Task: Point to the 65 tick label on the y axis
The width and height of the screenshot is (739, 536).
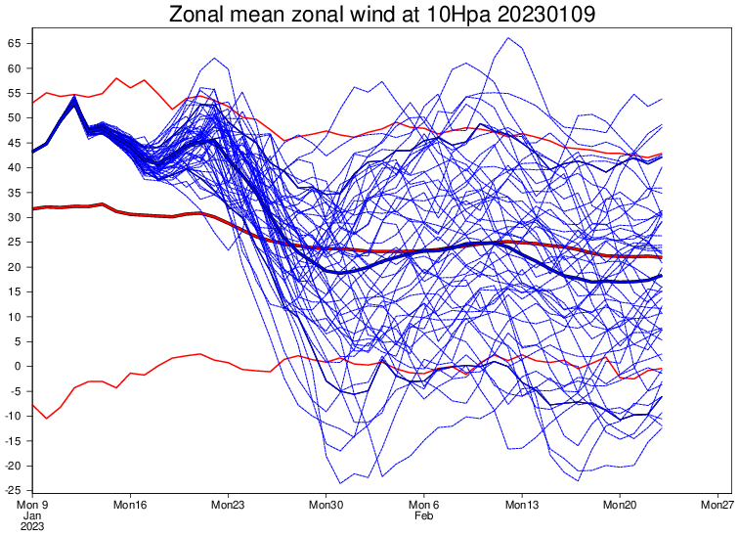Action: coord(15,44)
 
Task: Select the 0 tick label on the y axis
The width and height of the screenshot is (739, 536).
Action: coord(19,366)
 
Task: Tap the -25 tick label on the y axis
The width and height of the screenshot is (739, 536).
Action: coord(13,490)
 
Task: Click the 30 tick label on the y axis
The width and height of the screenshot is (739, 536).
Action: coord(15,217)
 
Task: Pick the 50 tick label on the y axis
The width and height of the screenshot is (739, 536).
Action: coord(15,118)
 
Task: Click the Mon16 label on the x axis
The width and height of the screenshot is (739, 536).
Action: coord(130,505)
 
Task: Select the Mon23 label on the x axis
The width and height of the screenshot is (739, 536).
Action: coord(228,505)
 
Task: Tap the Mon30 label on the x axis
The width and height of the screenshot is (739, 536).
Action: coord(326,505)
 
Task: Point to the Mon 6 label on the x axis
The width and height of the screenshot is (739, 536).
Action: coord(424,505)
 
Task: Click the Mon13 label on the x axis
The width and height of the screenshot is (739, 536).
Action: coord(522,505)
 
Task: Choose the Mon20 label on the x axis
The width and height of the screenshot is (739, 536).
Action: coord(620,505)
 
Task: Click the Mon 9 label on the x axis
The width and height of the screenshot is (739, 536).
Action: coord(32,505)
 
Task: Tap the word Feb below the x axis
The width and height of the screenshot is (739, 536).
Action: coord(422,515)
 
